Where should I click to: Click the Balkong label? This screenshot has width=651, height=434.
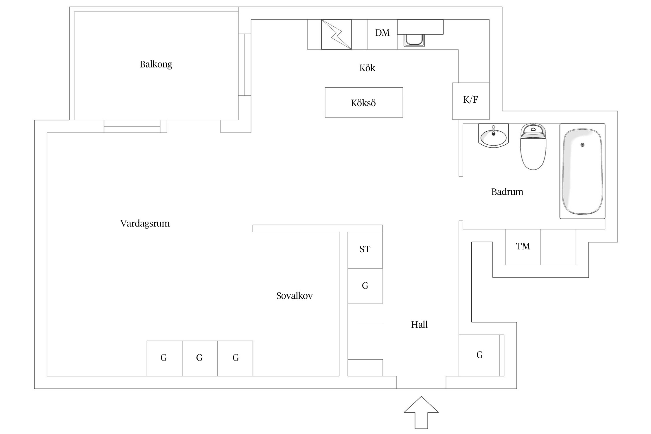156,64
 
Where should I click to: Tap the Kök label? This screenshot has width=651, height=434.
367,68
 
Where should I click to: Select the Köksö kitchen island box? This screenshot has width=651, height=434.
363,103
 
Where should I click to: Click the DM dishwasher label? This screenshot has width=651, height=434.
382,33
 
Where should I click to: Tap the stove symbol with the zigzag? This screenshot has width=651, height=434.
336,34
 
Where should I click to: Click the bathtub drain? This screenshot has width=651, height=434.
582,145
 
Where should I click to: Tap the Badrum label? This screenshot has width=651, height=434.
507,192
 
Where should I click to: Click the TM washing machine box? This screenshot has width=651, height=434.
523,247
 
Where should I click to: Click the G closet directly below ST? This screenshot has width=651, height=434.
365,286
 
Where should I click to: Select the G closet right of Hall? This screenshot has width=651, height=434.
479,355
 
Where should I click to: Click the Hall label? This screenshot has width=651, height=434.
419,325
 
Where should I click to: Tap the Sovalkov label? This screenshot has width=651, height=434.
294,296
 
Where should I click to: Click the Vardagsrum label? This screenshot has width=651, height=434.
145,223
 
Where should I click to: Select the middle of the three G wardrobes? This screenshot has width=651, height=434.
199,358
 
